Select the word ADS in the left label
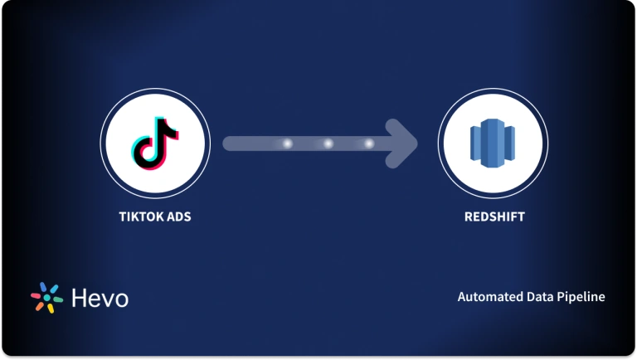tap(181, 219)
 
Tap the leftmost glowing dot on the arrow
tap(288, 144)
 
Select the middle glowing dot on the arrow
tap(328, 144)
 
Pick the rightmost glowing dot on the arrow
tap(368, 144)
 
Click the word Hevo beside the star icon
tap(100, 298)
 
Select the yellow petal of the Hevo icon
tap(51, 309)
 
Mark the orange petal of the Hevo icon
tap(38, 306)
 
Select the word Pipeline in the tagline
tap(581, 297)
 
